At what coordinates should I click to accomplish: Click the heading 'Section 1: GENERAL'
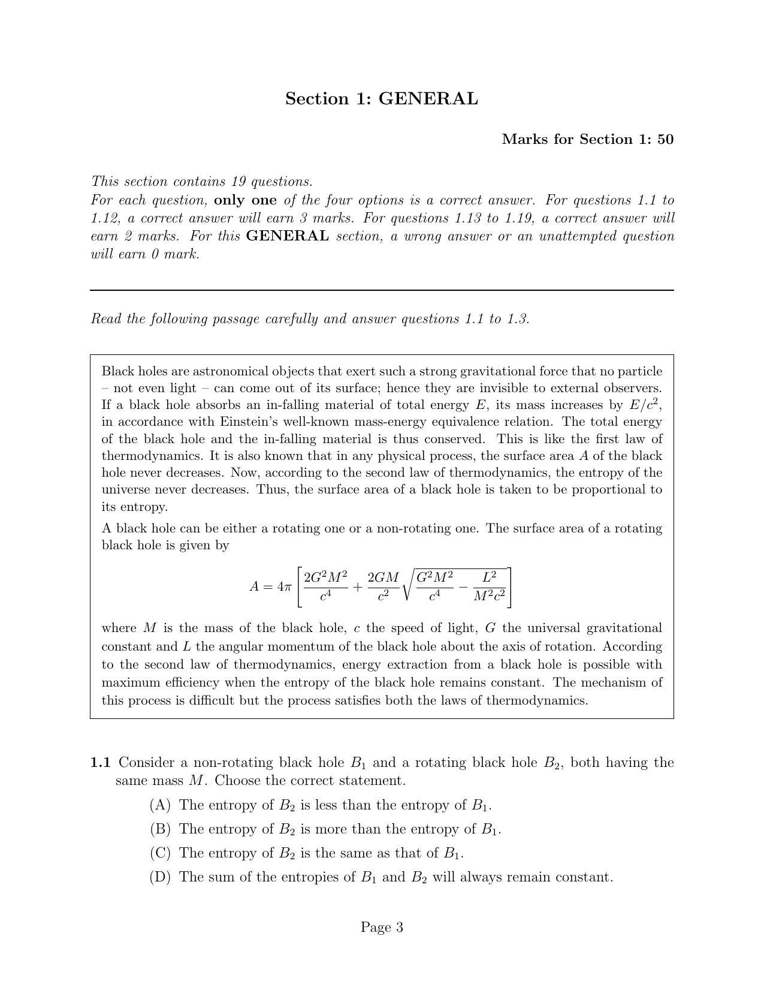(x=381, y=99)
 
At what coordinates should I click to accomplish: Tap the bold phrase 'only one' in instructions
(x=245, y=200)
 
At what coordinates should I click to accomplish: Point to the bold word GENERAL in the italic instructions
(x=287, y=236)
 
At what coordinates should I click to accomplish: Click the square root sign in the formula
(x=407, y=586)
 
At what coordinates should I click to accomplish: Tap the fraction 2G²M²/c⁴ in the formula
(x=325, y=586)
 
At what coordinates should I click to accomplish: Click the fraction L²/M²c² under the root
(x=489, y=586)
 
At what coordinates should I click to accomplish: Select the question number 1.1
(x=100, y=763)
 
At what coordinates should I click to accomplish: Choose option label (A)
(x=160, y=805)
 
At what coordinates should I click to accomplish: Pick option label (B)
(x=160, y=829)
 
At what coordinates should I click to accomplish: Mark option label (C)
(x=160, y=853)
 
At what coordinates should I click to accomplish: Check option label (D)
(x=160, y=877)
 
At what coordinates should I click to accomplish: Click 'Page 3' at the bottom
(x=382, y=928)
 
